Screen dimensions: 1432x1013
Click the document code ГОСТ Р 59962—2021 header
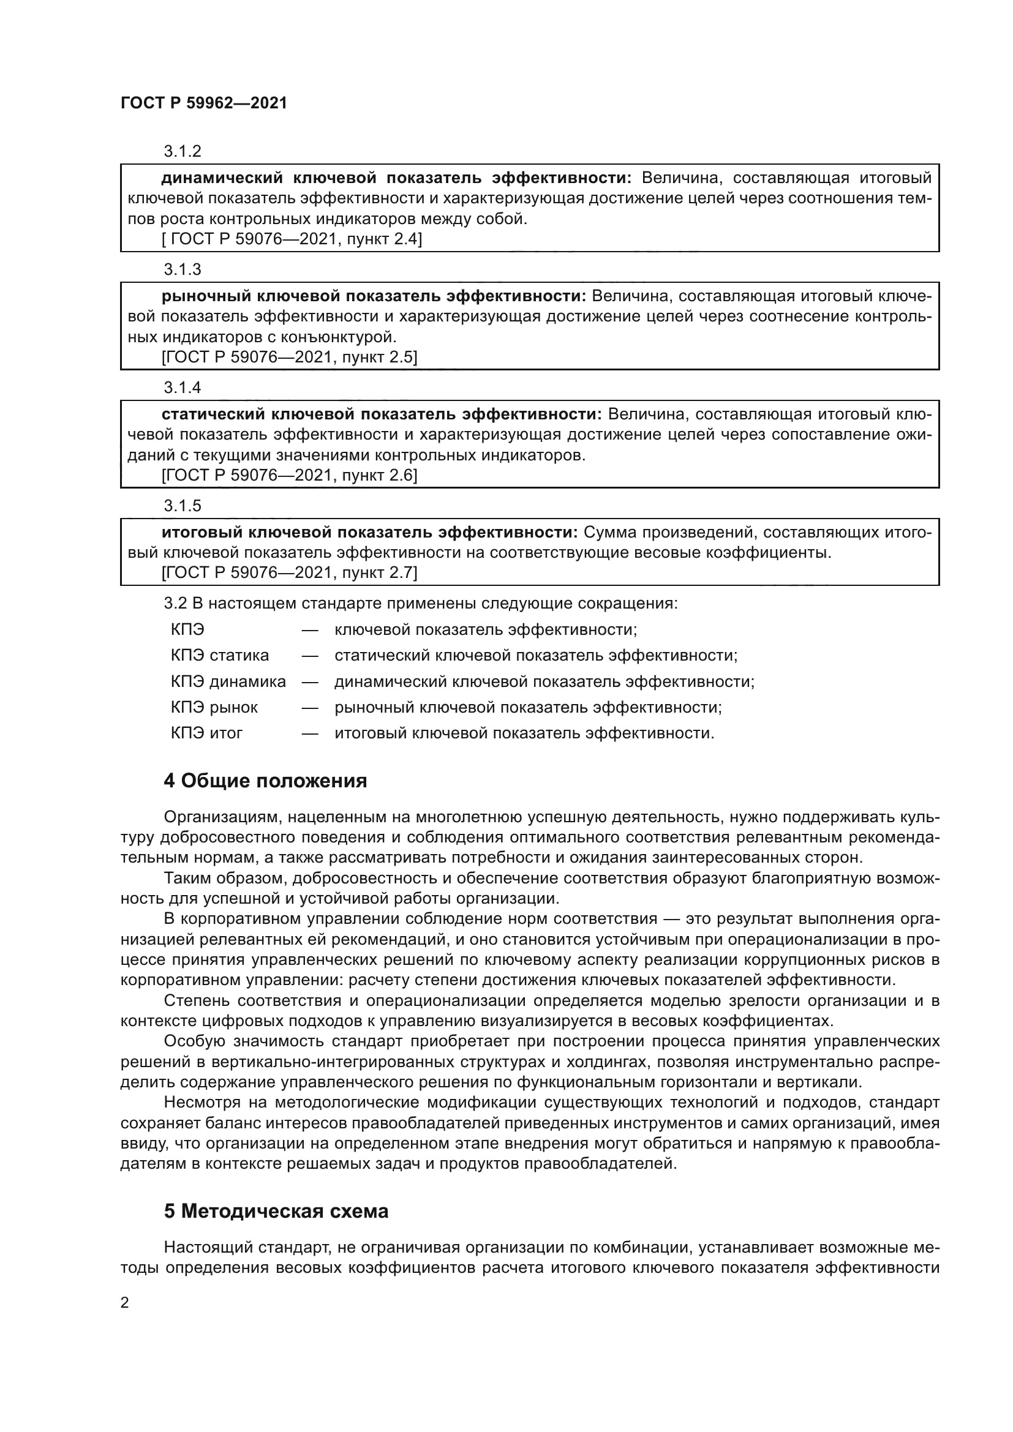pos(204,103)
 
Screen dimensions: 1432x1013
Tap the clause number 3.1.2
pos(182,151)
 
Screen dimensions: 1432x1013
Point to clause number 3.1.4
pos(182,388)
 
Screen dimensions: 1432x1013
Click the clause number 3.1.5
pos(182,505)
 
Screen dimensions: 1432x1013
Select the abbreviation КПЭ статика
pos(220,656)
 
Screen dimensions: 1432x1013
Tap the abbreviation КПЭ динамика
pos(228,681)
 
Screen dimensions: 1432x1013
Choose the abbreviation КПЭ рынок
pos(214,707)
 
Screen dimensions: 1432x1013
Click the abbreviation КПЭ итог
pos(206,733)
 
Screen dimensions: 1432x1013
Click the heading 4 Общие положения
pos(265,780)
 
